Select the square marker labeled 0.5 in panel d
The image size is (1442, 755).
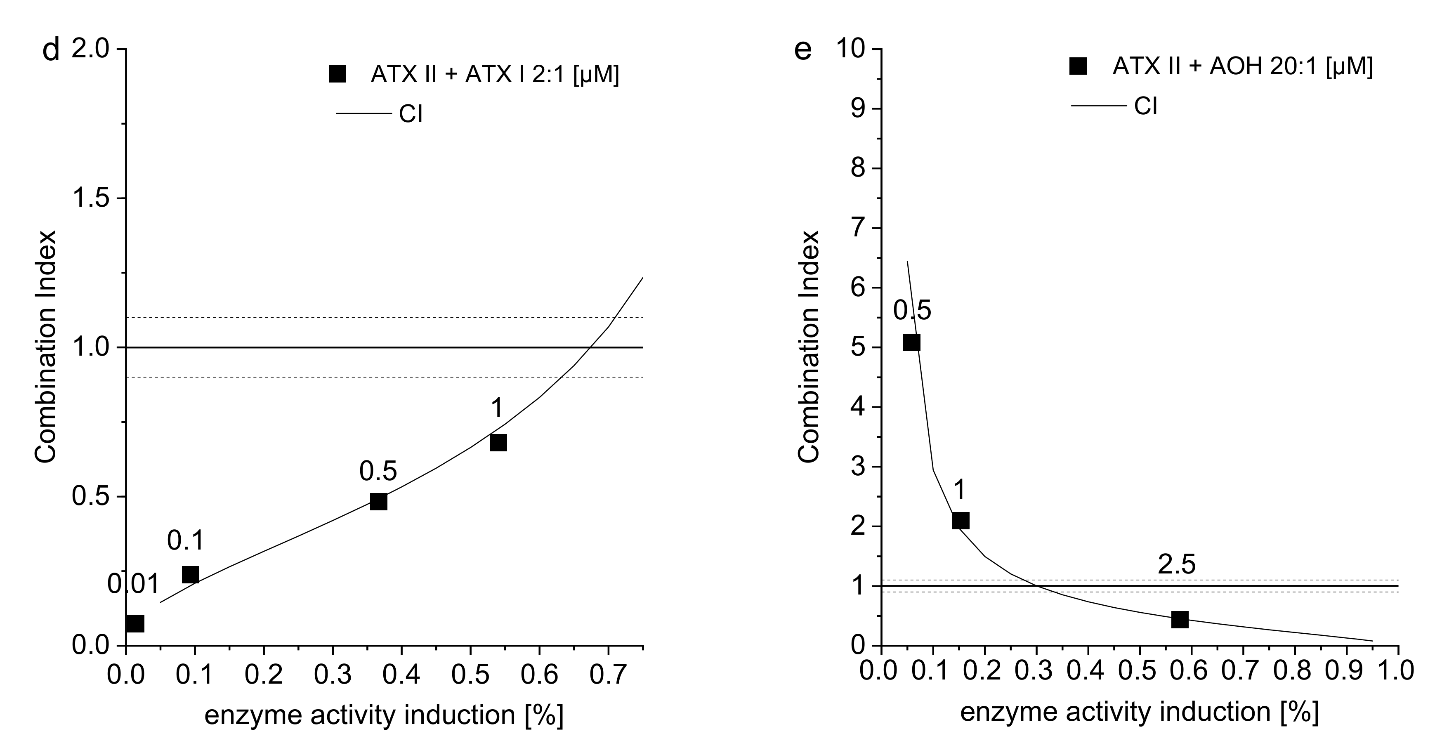tap(378, 501)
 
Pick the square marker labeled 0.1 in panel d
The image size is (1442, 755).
tap(190, 575)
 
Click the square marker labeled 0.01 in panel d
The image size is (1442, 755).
tap(135, 623)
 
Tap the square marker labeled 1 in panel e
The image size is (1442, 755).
tap(961, 521)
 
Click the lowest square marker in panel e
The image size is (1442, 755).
tap(1180, 620)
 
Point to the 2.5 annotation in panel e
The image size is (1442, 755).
tap(1176, 566)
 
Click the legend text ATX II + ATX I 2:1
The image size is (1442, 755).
tap(494, 74)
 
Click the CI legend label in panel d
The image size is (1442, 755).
tap(411, 114)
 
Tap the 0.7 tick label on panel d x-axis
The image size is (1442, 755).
tap(608, 675)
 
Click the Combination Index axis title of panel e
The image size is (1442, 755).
tap(808, 347)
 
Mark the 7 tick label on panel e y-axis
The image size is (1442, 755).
tap(859, 228)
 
